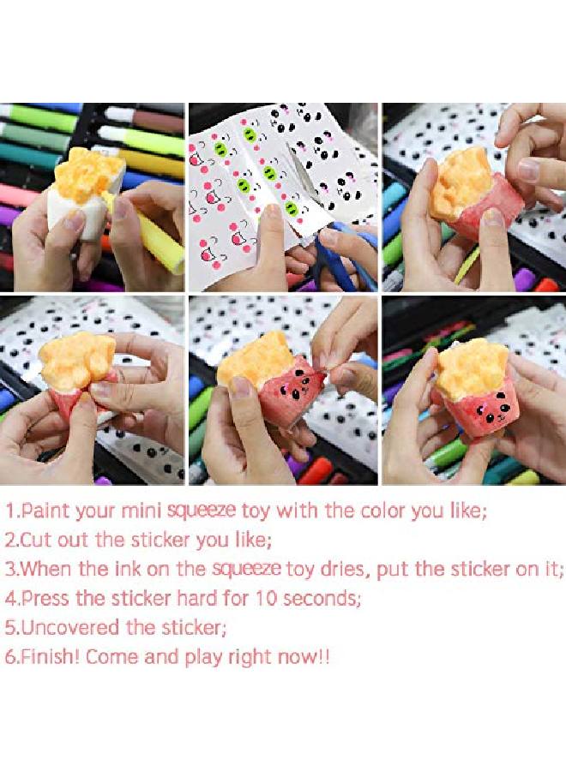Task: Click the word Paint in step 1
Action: [x=46, y=512]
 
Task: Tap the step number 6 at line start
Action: [x=9, y=657]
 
